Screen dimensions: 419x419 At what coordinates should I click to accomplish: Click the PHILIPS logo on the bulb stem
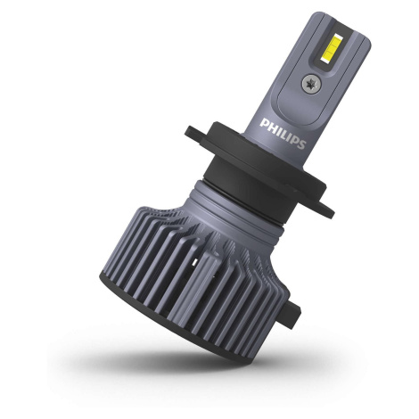(x=283, y=134)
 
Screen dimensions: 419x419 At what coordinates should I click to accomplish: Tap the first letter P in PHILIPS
(x=264, y=123)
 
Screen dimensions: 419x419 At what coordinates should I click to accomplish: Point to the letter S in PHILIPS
(x=300, y=144)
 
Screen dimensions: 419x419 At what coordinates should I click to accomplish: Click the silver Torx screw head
(x=311, y=84)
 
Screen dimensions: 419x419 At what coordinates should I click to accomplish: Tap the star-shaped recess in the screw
(x=311, y=84)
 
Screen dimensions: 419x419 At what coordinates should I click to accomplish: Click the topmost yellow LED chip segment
(x=338, y=39)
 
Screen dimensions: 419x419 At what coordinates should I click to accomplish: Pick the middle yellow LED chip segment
(x=333, y=48)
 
